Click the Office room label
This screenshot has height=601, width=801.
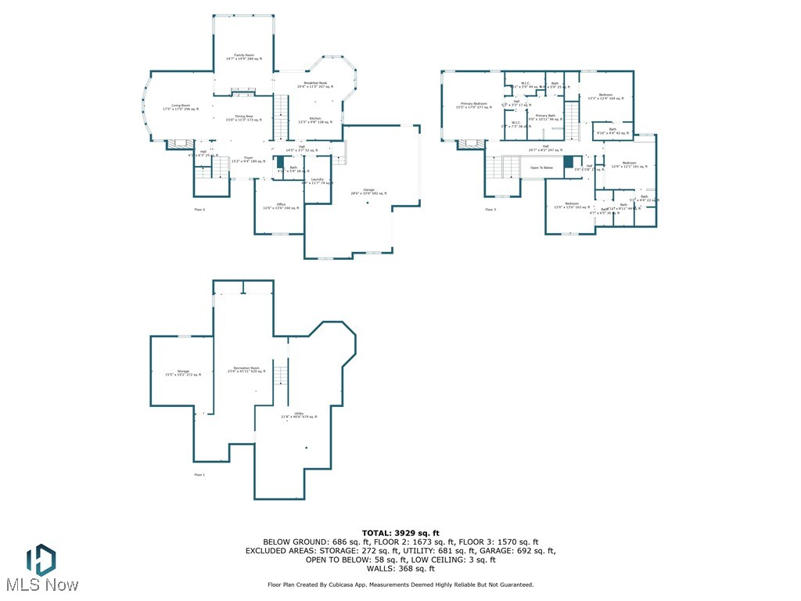(270, 207)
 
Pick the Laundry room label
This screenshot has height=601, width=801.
(317, 181)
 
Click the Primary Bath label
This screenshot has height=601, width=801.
(545, 117)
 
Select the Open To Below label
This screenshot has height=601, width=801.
(541, 167)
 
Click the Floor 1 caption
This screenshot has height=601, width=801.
(199, 474)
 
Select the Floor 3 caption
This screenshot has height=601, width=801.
(490, 210)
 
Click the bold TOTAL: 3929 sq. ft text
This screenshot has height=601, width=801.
(400, 533)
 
